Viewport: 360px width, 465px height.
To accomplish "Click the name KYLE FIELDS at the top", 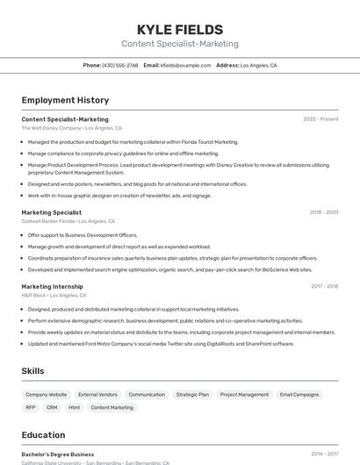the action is coord(179,29).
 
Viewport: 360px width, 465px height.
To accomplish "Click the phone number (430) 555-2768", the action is coord(119,65).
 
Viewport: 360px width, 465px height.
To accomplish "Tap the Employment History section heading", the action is coord(65,100).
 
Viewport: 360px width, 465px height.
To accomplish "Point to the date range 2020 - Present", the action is coord(320,119).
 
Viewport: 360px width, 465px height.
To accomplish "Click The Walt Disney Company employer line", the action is coord(71,128).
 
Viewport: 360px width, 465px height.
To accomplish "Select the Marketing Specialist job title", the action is coord(51,212).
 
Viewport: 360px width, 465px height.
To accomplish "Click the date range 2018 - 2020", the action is coord(323,212).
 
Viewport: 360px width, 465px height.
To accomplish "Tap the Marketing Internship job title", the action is coord(52,286).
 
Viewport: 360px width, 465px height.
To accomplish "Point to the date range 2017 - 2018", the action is coord(324,286).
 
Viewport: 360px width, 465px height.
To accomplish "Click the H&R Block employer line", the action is coord(54,296).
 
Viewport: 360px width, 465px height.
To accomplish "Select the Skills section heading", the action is coord(32,371).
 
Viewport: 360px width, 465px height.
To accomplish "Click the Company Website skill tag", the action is coord(46,395).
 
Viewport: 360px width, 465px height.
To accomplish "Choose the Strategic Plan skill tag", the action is coord(192,395).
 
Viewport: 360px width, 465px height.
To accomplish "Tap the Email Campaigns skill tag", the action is coord(299,395).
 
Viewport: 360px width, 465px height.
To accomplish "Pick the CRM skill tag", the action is coord(52,407).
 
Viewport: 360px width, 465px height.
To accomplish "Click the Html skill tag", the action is coord(74,407).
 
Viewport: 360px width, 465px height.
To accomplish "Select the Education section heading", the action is coord(43,435).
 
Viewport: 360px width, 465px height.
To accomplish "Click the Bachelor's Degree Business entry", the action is coord(57,454).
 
